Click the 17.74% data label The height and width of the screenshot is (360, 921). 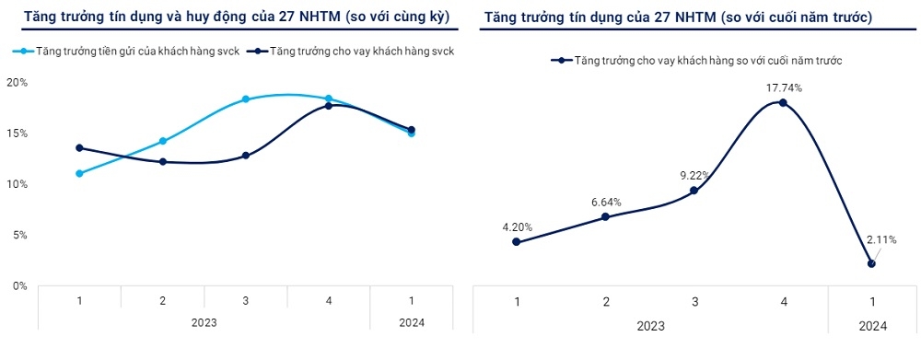click(x=783, y=87)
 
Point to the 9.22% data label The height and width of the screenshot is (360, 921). click(x=694, y=175)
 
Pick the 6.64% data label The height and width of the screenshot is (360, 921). click(x=604, y=202)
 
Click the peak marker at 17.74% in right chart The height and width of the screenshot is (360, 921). click(x=783, y=103)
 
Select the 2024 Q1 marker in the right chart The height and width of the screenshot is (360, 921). click(x=871, y=263)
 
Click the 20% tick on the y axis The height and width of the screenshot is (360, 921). click(x=17, y=83)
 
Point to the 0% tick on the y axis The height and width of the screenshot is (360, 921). click(x=19, y=286)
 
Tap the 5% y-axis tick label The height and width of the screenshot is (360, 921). click(x=19, y=236)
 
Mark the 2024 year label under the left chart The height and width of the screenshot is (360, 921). click(x=412, y=321)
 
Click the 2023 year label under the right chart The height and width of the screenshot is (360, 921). click(x=650, y=325)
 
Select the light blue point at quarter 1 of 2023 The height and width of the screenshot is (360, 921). click(x=80, y=173)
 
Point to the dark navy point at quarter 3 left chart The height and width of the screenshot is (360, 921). click(x=246, y=156)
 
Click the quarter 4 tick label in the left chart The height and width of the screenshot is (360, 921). click(x=329, y=300)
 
